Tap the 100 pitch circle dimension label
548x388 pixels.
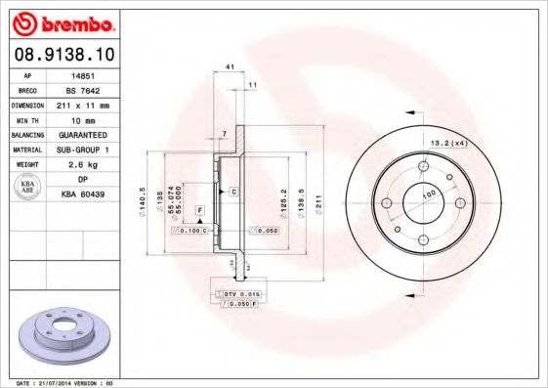(x=428, y=195)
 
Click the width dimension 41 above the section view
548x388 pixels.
(x=230, y=66)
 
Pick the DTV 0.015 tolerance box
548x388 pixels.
(x=239, y=292)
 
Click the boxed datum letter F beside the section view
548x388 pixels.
(x=199, y=210)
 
